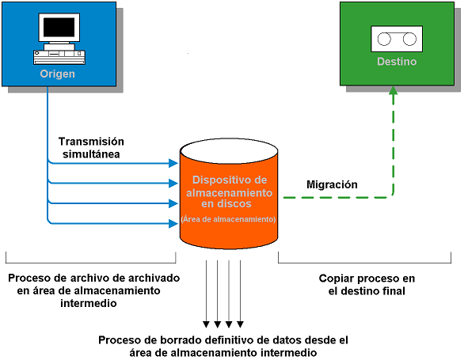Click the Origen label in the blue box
(58, 74)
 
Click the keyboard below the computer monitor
(59, 55)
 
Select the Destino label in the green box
(396, 61)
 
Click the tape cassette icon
(396, 38)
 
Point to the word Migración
(332, 184)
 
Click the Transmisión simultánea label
(89, 148)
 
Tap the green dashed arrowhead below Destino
(393, 93)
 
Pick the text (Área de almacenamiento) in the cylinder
(228, 218)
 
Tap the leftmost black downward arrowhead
(206, 323)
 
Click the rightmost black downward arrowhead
(240, 323)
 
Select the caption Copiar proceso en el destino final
(366, 285)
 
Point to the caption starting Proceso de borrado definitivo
(223, 345)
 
